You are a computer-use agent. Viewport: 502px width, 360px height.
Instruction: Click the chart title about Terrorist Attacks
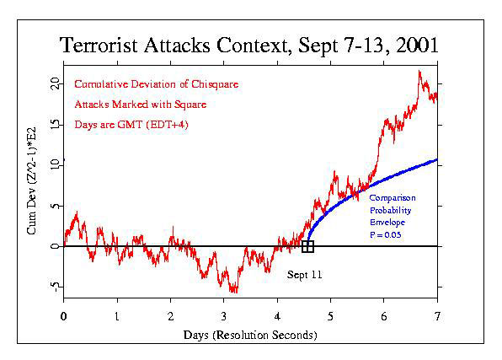248,45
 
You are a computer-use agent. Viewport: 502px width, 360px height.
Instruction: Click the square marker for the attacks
307,246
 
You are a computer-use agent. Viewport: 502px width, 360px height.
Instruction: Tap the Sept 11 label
304,275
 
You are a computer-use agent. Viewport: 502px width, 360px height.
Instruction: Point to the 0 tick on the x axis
64,316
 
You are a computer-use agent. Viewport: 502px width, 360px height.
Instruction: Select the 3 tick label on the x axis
224,316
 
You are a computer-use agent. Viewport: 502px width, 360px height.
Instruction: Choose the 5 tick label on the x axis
330,316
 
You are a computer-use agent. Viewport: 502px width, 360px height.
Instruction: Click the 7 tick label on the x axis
437,316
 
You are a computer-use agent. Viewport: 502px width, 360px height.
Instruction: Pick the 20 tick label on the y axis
55,84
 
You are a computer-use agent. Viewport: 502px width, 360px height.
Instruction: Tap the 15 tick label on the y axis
55,125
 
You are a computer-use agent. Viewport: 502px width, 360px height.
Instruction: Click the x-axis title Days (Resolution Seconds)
250,336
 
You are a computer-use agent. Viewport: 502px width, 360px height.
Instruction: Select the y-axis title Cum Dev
31,181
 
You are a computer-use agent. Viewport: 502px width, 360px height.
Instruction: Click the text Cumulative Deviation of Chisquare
156,84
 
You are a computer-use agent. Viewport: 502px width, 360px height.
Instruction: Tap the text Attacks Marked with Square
140,105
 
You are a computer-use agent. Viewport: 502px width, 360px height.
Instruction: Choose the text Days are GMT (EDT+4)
131,125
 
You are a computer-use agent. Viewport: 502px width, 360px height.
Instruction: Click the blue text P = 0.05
386,234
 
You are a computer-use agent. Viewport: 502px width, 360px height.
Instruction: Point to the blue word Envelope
387,223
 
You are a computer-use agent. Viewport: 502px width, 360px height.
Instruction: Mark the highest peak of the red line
419,71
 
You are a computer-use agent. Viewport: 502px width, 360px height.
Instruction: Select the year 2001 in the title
417,45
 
